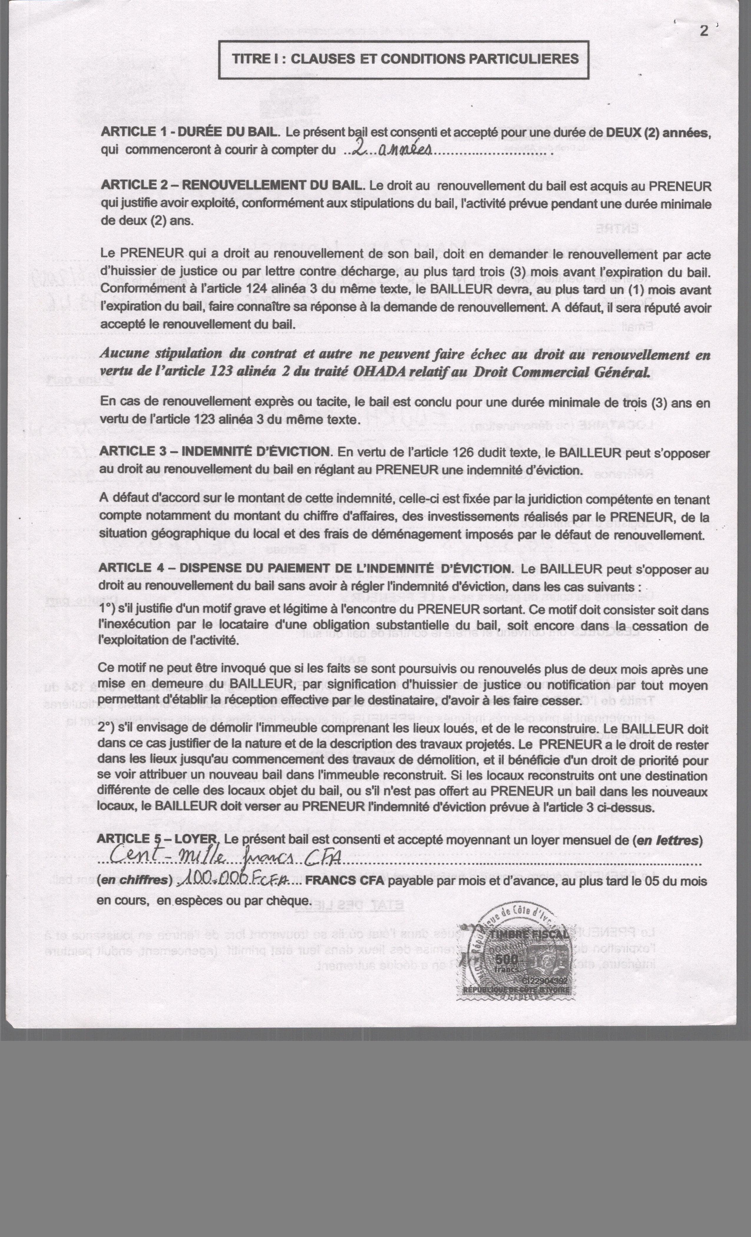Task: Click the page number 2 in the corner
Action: pos(704,31)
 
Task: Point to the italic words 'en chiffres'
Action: pos(135,881)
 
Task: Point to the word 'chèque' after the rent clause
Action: pos(292,900)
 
